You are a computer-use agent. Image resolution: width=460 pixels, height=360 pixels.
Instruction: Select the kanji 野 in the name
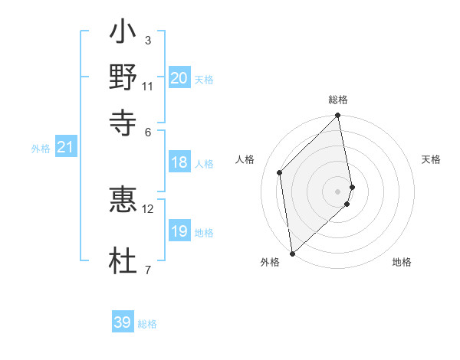123,77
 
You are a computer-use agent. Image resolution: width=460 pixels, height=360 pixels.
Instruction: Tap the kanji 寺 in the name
123,120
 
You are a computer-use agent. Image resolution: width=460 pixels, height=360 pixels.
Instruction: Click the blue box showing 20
179,78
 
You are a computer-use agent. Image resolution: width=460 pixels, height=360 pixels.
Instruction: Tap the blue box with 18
179,162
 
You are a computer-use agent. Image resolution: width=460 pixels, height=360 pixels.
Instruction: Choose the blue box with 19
179,231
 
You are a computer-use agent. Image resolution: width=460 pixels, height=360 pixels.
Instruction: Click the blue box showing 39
123,322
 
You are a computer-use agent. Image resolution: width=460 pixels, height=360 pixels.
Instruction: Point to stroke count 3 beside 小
148,40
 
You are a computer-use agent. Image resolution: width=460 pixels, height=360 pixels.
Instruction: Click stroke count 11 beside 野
148,86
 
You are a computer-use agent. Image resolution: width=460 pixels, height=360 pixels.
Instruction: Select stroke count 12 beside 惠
149,208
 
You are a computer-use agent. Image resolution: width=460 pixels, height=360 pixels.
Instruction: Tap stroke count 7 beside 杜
148,270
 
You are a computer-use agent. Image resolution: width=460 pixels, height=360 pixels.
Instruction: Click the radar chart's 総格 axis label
338,100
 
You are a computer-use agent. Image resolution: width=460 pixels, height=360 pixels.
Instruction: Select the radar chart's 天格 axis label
431,159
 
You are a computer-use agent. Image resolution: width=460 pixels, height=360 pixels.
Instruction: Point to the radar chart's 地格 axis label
402,262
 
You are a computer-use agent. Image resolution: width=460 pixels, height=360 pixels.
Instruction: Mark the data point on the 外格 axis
292,254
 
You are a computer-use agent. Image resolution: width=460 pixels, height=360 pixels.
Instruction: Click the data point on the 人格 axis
280,172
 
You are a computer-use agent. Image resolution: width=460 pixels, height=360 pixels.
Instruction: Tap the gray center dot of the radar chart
338,191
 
